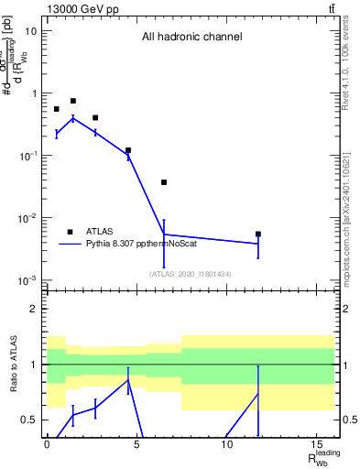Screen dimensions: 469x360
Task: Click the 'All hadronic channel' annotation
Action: [x=191, y=38]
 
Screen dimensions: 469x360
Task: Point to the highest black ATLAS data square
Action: [x=73, y=101]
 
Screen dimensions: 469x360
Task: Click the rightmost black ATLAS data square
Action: [x=258, y=234]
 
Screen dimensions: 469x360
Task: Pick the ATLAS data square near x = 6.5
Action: [x=164, y=182]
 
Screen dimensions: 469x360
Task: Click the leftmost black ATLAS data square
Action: [x=56, y=109]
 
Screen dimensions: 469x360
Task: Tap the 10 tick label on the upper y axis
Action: [x=31, y=31]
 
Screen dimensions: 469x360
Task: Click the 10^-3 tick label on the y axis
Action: [x=28, y=280]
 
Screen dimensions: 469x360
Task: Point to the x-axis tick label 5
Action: [x=136, y=445]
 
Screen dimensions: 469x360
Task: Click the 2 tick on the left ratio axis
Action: [x=36, y=309]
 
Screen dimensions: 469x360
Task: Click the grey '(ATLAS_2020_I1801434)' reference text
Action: [x=191, y=274]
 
